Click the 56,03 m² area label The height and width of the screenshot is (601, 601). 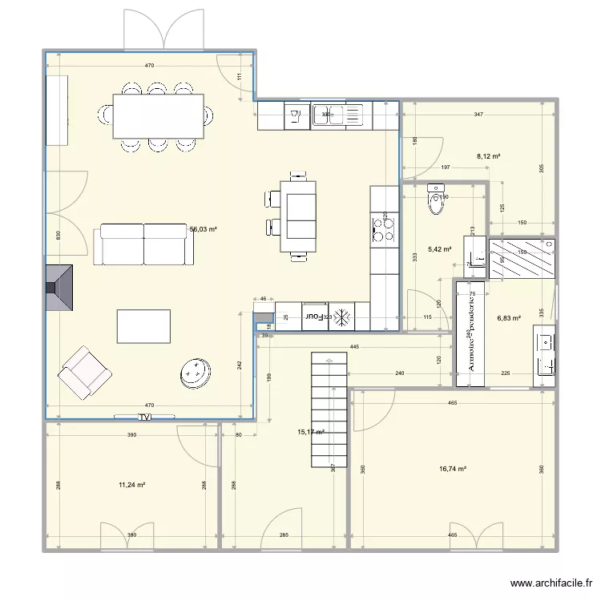click(x=204, y=229)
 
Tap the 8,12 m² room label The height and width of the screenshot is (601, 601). click(x=488, y=156)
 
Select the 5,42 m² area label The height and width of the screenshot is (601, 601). click(x=440, y=249)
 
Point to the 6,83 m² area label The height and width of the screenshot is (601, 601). click(x=509, y=317)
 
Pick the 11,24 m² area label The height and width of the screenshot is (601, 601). click(x=131, y=485)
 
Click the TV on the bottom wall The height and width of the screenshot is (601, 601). click(x=145, y=417)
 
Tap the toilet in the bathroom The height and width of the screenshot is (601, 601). click(x=437, y=201)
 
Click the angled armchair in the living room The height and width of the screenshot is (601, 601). click(x=83, y=372)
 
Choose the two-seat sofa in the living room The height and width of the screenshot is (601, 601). click(x=144, y=244)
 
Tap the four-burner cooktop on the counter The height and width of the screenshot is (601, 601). click(x=384, y=228)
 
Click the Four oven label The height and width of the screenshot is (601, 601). click(x=315, y=317)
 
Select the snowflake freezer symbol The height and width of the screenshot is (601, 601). click(x=342, y=317)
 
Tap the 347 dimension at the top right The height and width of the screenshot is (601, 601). click(x=478, y=115)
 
